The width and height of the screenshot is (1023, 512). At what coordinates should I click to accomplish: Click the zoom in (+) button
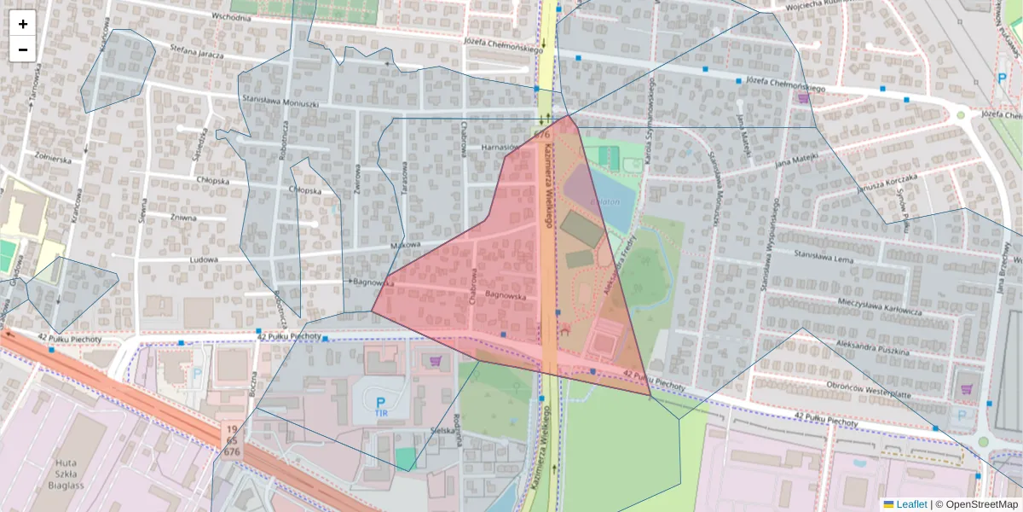tap(23, 24)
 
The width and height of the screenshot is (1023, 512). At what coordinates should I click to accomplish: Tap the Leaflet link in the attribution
tap(910, 504)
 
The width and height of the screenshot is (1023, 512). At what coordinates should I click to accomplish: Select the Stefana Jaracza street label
tap(196, 52)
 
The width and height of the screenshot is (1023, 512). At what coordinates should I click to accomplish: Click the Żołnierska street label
tap(53, 158)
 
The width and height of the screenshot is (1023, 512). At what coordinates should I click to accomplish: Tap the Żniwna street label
tap(183, 218)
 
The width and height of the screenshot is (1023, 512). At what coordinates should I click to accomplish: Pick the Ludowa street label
tap(205, 259)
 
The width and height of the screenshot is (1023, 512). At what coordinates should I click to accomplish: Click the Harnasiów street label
tap(500, 147)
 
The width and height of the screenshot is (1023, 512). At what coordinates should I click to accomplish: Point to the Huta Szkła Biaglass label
tap(66, 464)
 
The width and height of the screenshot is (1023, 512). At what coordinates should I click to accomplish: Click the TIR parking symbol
tap(380, 406)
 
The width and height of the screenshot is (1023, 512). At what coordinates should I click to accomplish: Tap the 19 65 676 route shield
tap(231, 440)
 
